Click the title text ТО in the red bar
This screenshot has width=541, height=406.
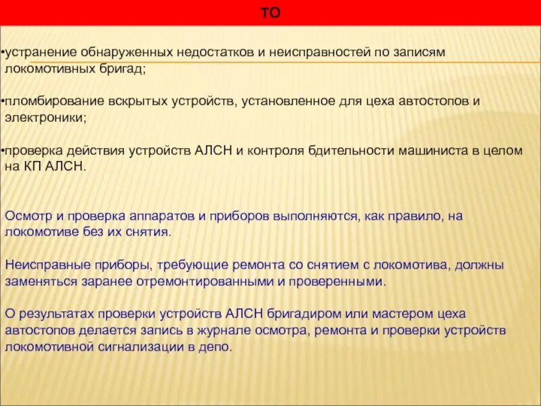tap(270, 14)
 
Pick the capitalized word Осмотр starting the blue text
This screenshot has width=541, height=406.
tap(25, 216)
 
